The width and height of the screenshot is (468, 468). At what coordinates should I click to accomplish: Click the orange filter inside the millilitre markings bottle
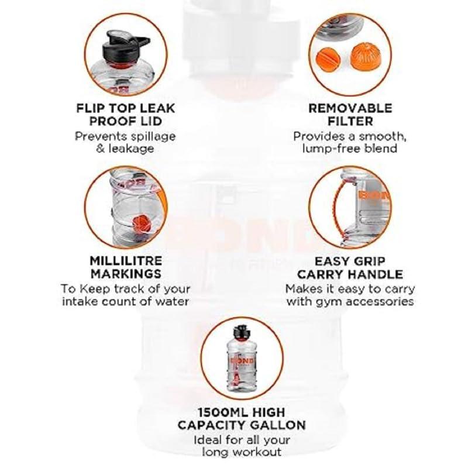(139, 223)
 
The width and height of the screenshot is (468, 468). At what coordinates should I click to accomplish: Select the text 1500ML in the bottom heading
(216, 412)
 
